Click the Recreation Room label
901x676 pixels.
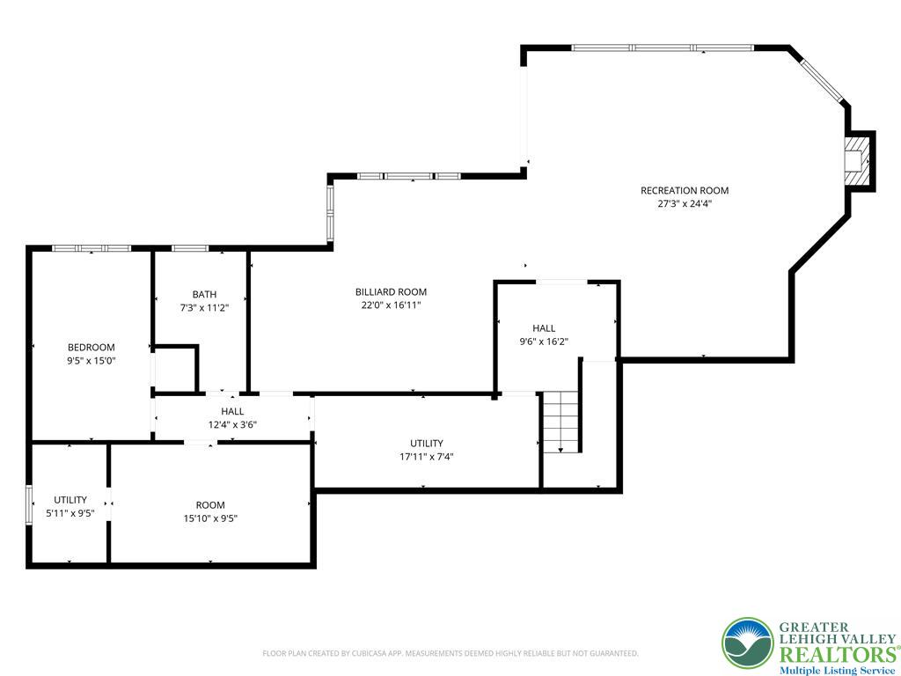(x=685, y=190)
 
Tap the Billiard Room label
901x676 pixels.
(x=391, y=292)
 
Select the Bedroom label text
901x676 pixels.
(x=92, y=347)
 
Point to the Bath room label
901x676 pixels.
(x=204, y=294)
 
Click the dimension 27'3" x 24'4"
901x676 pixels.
(x=685, y=203)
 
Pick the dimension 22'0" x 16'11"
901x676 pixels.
(x=391, y=305)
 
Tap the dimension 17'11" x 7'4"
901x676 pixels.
(x=427, y=457)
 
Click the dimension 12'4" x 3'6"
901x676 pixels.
(x=232, y=425)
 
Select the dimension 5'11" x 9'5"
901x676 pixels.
(x=70, y=513)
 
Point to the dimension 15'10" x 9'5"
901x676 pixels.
(x=210, y=518)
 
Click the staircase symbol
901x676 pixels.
(x=560, y=422)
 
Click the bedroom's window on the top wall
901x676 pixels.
(x=92, y=248)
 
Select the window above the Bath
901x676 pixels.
(x=190, y=248)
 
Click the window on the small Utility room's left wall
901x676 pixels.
(x=29, y=505)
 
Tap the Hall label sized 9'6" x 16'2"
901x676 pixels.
(x=544, y=328)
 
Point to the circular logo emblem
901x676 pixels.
(x=748, y=643)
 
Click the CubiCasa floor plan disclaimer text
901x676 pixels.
(x=450, y=654)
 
